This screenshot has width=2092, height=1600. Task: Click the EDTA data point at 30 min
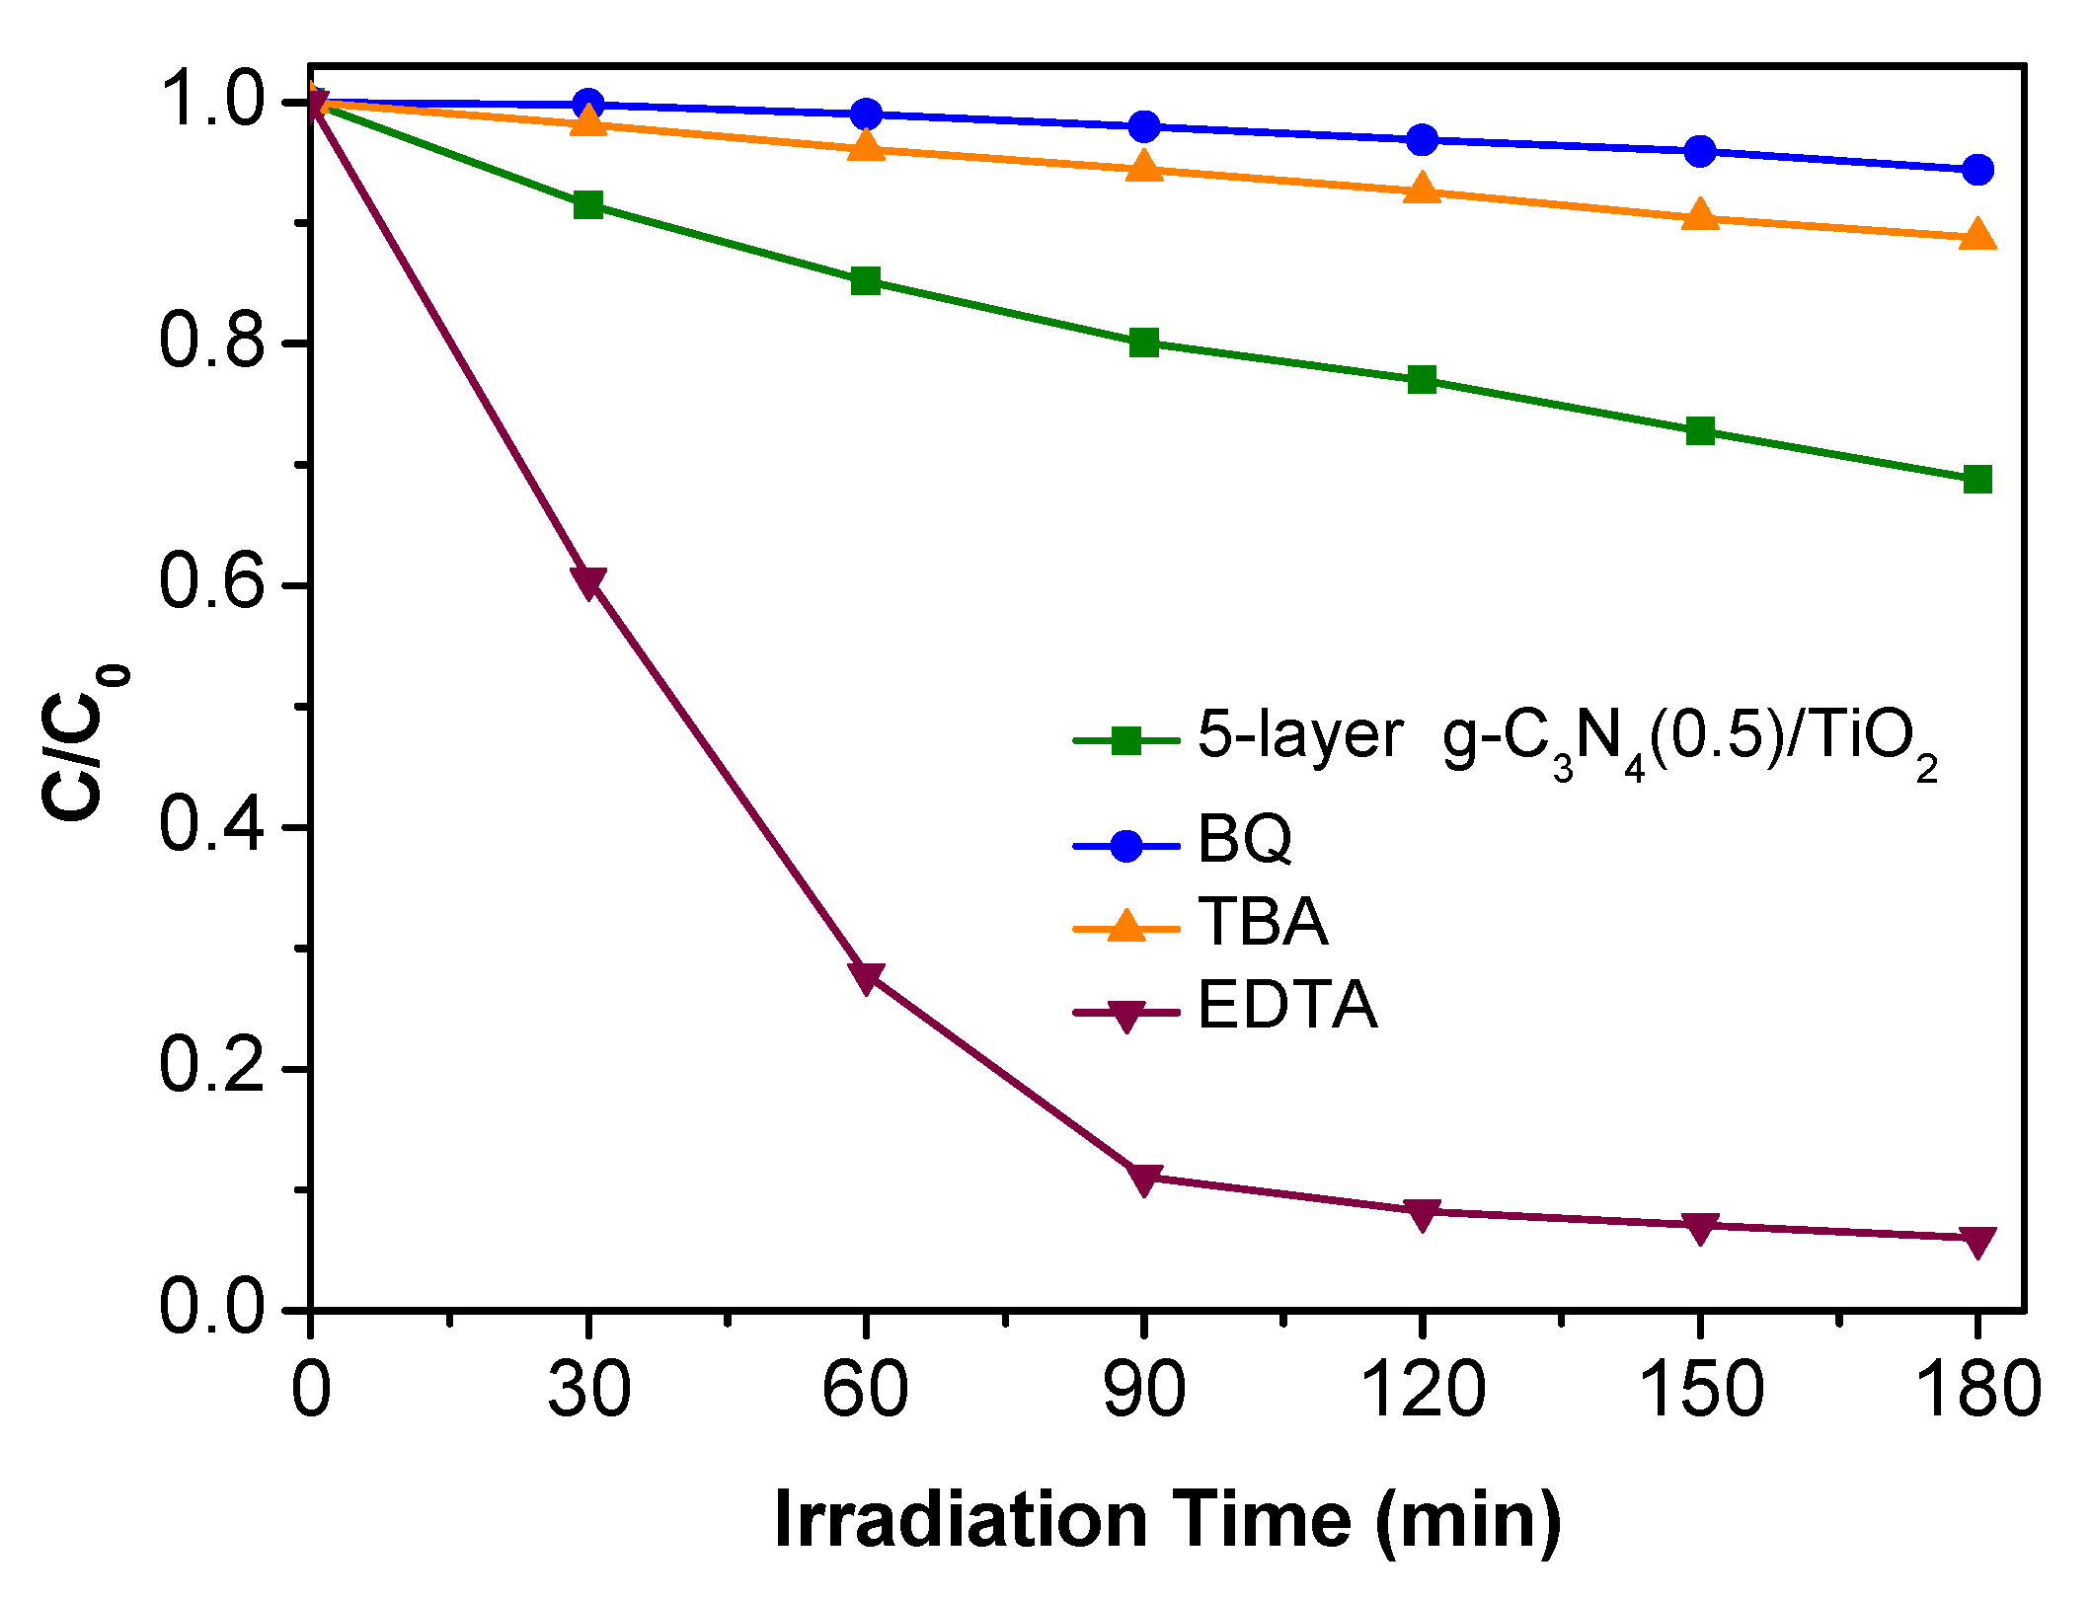coord(588,582)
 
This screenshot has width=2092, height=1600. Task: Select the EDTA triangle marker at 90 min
coord(1144,1179)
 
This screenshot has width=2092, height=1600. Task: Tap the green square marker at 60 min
coord(866,281)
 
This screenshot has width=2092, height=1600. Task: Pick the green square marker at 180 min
coord(1977,480)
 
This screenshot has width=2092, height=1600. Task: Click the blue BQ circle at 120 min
coord(1422,139)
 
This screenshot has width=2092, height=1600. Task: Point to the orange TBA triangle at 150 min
coord(1700,215)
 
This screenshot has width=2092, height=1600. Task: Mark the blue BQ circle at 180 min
coord(1977,170)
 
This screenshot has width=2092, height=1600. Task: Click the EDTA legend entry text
coord(1287,1006)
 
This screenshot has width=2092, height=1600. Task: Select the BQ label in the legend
coord(1245,839)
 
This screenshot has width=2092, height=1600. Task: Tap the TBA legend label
coord(1263,922)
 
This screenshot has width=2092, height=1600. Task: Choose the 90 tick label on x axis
coord(1144,1389)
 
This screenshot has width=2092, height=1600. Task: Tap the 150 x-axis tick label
coord(1700,1389)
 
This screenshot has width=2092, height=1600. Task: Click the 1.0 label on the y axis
coord(212,101)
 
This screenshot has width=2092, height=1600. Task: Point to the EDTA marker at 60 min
coord(866,977)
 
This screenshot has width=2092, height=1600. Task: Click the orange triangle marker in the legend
coord(1126,927)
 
